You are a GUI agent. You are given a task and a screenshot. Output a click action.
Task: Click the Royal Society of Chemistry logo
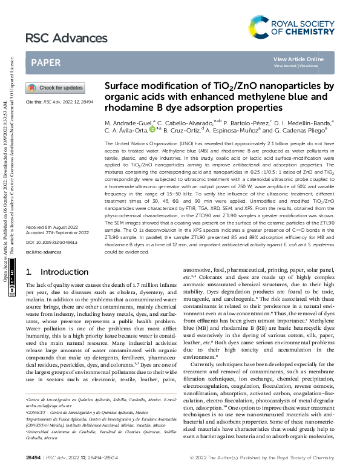(291, 26)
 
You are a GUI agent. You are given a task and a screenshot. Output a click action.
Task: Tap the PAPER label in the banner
(45, 63)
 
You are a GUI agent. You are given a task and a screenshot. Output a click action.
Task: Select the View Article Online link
(298, 59)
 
